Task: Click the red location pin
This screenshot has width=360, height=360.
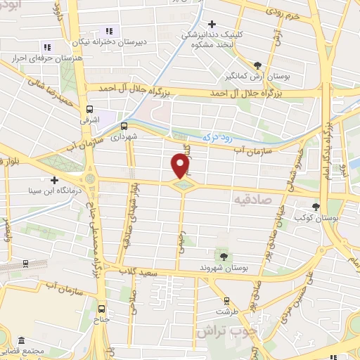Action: [x=181, y=165]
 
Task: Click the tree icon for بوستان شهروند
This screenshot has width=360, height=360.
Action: [x=224, y=255]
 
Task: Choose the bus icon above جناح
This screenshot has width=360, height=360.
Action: [x=103, y=308]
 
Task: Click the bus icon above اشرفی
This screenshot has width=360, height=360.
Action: [x=89, y=110]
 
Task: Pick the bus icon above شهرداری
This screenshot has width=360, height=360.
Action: [x=124, y=127]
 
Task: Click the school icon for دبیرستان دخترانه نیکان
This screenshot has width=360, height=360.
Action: [x=109, y=30]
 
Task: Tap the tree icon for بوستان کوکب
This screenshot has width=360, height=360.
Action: [x=315, y=207]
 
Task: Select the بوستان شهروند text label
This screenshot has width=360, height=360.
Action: [x=224, y=267]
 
